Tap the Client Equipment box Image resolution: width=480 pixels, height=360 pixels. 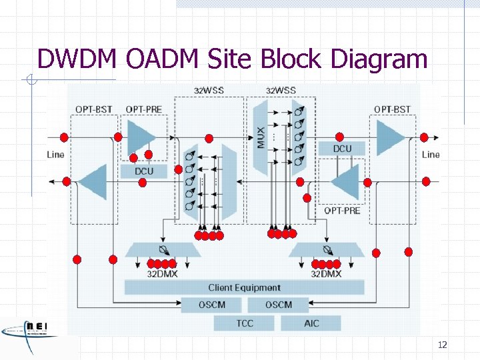(x=244, y=287)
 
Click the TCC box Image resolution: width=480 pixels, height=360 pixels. (x=245, y=323)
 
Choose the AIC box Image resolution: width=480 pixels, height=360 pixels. (x=311, y=323)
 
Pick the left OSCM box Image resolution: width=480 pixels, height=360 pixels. (x=212, y=305)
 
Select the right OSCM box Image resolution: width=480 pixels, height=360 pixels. (x=279, y=305)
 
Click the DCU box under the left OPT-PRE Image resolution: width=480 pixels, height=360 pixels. (x=143, y=171)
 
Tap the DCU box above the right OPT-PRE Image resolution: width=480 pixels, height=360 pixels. (x=342, y=148)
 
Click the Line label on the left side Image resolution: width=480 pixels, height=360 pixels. (x=56, y=154)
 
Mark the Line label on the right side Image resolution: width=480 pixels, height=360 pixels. (x=431, y=154)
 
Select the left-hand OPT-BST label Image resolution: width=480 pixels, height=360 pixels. (x=93, y=109)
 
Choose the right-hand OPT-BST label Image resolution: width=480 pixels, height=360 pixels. (x=392, y=109)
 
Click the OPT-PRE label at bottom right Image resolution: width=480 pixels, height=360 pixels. (x=342, y=211)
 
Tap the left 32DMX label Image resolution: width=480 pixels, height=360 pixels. (x=162, y=273)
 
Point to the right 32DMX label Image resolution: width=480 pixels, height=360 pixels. (x=326, y=273)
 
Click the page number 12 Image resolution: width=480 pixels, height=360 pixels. (x=442, y=345)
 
